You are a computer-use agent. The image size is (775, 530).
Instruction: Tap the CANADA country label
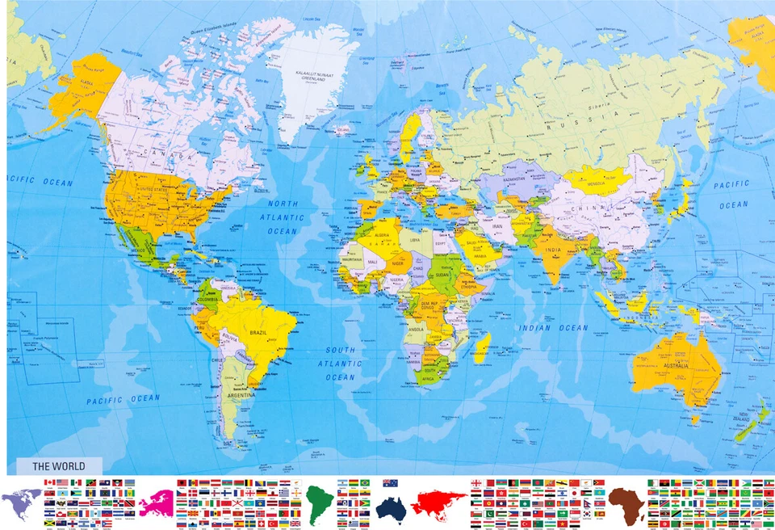click(165, 153)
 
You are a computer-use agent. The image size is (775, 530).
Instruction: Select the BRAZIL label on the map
click(258, 333)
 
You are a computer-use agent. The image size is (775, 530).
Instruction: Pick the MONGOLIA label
click(597, 184)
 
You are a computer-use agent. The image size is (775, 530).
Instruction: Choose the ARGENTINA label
click(240, 395)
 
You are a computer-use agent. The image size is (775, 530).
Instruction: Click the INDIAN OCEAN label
click(554, 328)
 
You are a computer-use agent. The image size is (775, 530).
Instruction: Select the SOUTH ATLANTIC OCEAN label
click(340, 364)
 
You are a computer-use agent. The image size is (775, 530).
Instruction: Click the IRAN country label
click(497, 227)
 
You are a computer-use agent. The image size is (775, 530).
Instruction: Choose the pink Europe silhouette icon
click(155, 503)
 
